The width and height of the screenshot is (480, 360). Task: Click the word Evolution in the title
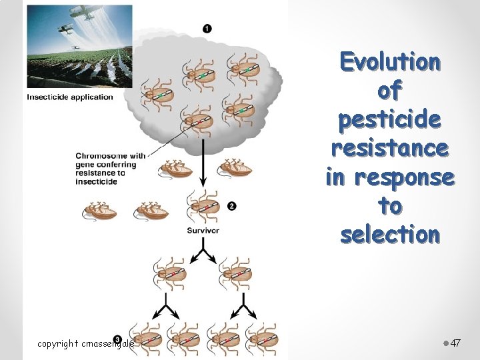390,62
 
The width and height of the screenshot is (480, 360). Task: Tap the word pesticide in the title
390,120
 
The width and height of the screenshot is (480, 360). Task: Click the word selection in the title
390,235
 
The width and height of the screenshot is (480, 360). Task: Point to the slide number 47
456,343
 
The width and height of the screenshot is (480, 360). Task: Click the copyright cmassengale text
85,344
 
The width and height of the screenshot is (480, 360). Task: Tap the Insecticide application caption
70,97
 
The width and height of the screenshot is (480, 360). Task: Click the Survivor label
203,231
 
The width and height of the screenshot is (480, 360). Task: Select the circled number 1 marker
207,28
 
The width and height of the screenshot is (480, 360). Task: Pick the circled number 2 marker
231,206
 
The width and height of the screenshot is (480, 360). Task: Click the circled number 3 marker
118,340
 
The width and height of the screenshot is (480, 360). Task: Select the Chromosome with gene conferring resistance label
110,169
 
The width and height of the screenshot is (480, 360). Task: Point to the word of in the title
390,91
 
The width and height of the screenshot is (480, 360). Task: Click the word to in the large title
390,207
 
